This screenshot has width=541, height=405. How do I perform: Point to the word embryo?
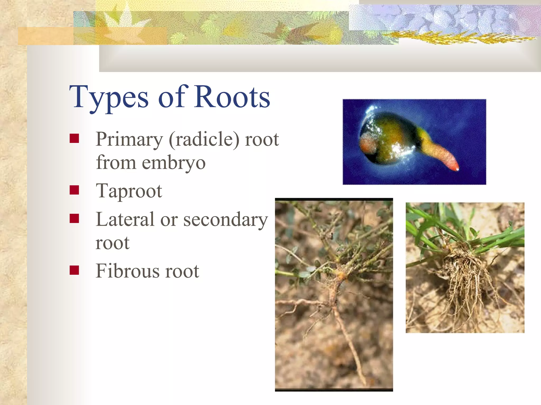pyautogui.click(x=174, y=163)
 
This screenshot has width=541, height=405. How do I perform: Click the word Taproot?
pyautogui.click(x=129, y=191)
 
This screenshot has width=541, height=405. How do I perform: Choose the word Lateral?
pyautogui.click(x=125, y=219)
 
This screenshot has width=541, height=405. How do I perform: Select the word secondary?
pyautogui.click(x=226, y=220)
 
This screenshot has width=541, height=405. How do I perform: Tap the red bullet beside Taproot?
pyautogui.click(x=74, y=190)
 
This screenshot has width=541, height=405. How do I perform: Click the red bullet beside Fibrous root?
pyautogui.click(x=74, y=270)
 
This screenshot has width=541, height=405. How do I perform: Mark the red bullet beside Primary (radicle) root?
pyautogui.click(x=74, y=138)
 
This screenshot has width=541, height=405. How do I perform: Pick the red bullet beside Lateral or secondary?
pyautogui.click(x=74, y=218)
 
